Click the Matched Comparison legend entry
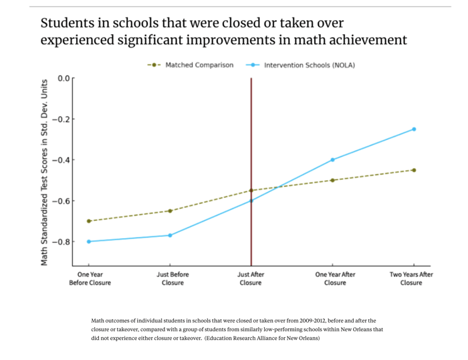point(199,65)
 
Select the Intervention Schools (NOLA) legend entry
point(309,65)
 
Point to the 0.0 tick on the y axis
point(64,78)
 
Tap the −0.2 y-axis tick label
point(60,119)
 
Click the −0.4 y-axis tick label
point(60,160)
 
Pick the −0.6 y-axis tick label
point(60,201)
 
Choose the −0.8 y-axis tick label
point(60,242)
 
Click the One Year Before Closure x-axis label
point(90,278)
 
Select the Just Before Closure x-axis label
point(172,278)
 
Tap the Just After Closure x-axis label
point(251,278)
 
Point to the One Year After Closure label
point(335,278)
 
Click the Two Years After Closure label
point(411,278)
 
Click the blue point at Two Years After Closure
point(414,129)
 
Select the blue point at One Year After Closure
point(332,160)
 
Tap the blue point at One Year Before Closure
point(89,242)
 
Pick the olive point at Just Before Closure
point(170,211)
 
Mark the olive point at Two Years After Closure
point(414,170)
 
